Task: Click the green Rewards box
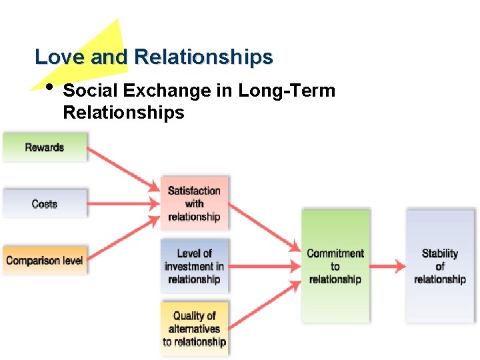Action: [45, 147]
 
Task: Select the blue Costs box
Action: [45, 203]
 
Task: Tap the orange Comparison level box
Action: [45, 260]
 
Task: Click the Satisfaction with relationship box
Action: [194, 203]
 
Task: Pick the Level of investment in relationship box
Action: [194, 266]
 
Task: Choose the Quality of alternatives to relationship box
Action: [194, 329]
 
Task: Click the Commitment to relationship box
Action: [335, 266]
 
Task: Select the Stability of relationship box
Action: [440, 266]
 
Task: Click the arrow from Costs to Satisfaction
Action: [123, 203]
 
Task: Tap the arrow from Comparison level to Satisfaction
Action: [123, 239]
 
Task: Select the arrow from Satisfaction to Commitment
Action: [263, 227]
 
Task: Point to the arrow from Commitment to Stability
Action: [387, 266]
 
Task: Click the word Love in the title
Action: [59, 57]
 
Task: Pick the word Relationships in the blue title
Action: [203, 57]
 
